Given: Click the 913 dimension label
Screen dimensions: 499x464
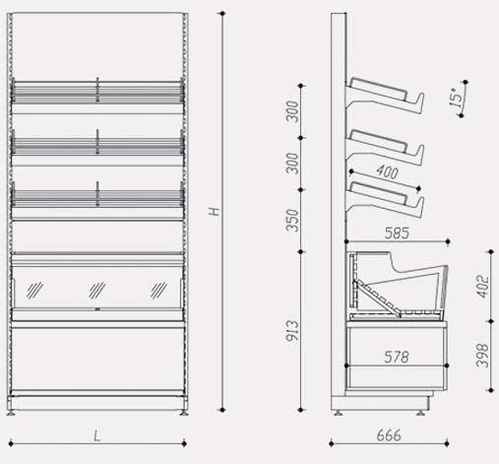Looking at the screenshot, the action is [292, 331].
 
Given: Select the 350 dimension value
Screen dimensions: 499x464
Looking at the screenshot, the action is [292, 221].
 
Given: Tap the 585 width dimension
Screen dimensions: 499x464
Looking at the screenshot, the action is [397, 233].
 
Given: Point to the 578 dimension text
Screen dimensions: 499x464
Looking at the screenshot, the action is [397, 358].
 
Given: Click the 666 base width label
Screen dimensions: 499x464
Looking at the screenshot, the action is [389, 435].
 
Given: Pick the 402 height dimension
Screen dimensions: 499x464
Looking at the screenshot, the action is [482, 287].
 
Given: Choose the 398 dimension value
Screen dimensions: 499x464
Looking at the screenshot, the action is [482, 356].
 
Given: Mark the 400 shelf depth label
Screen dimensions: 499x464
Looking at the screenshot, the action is [388, 172].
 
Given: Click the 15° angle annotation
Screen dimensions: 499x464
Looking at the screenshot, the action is [456, 98].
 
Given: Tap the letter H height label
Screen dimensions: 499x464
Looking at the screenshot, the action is [215, 211].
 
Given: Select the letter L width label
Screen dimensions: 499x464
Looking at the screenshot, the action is [96, 436].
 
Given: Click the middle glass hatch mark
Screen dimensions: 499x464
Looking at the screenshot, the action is [97, 291].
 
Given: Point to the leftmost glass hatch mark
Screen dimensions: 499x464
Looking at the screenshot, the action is [34, 291].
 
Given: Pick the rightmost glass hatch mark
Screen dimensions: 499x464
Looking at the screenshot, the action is [158, 291].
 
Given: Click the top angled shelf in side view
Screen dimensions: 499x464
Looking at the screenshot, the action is [386, 96].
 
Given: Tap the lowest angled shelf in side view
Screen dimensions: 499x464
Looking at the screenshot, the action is [386, 199].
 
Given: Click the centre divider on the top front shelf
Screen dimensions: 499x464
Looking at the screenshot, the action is [97, 90].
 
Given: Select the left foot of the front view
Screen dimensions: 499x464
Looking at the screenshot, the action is [11, 413].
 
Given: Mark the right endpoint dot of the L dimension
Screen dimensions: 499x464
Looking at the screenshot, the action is [184, 443].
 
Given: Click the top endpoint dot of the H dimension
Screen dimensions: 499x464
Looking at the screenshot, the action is [222, 14].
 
